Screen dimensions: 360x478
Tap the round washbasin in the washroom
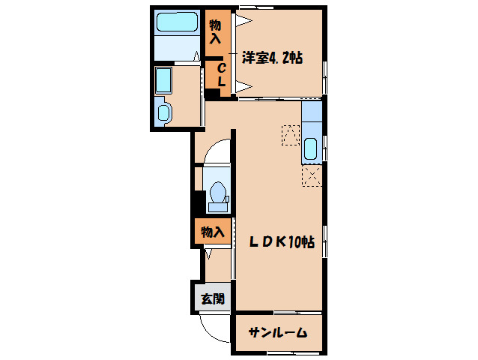[x=164, y=113]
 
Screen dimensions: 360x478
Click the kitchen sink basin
[x=312, y=148]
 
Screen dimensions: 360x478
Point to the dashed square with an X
[x=312, y=175]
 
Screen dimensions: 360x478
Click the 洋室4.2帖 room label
[x=272, y=56]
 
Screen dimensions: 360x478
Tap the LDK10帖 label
[x=281, y=242]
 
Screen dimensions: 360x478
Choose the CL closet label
[x=222, y=74]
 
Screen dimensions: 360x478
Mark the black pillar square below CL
[x=213, y=94]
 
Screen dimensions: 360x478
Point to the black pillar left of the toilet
[x=199, y=202]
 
